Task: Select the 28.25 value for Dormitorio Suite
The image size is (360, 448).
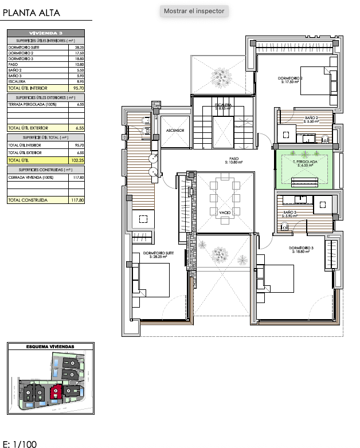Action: (x=80, y=48)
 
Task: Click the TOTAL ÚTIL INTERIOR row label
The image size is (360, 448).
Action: (x=27, y=89)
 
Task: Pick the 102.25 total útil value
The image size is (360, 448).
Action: (x=79, y=161)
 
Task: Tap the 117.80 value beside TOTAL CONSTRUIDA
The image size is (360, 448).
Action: (x=78, y=201)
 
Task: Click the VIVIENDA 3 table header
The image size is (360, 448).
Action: (x=46, y=33)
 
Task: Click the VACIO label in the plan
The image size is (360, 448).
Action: (x=225, y=213)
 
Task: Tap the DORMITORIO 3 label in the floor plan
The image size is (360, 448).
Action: (x=301, y=248)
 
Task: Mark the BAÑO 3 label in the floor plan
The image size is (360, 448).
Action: (x=291, y=213)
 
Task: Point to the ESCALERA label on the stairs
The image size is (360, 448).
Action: (x=223, y=105)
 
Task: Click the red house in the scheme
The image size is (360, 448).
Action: (x=56, y=392)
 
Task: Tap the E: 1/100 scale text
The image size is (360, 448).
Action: (x=20, y=443)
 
